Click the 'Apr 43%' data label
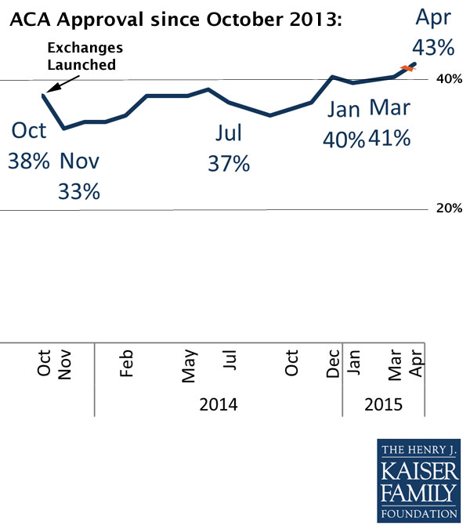pos(434,32)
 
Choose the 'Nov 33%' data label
pos(80,176)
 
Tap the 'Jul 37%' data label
pos(229,149)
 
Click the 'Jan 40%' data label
pos(344,123)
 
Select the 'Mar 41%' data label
pos(390,123)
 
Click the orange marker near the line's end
pos(407,69)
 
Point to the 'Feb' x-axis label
pos(127,364)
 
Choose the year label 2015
pos(383,404)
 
